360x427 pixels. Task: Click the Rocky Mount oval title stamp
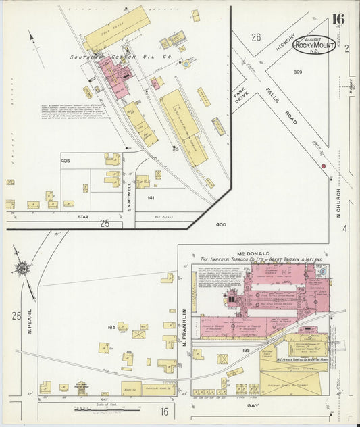pos(314,45)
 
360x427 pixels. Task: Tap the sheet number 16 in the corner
pos(338,18)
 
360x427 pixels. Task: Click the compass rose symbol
pos(22,269)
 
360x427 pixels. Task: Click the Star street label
pos(84,217)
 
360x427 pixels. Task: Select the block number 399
pos(298,72)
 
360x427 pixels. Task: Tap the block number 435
pos(65,161)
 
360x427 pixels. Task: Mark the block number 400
pos(221,224)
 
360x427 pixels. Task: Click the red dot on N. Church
pos(323,166)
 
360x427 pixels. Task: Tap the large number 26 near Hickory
pos(256,37)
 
